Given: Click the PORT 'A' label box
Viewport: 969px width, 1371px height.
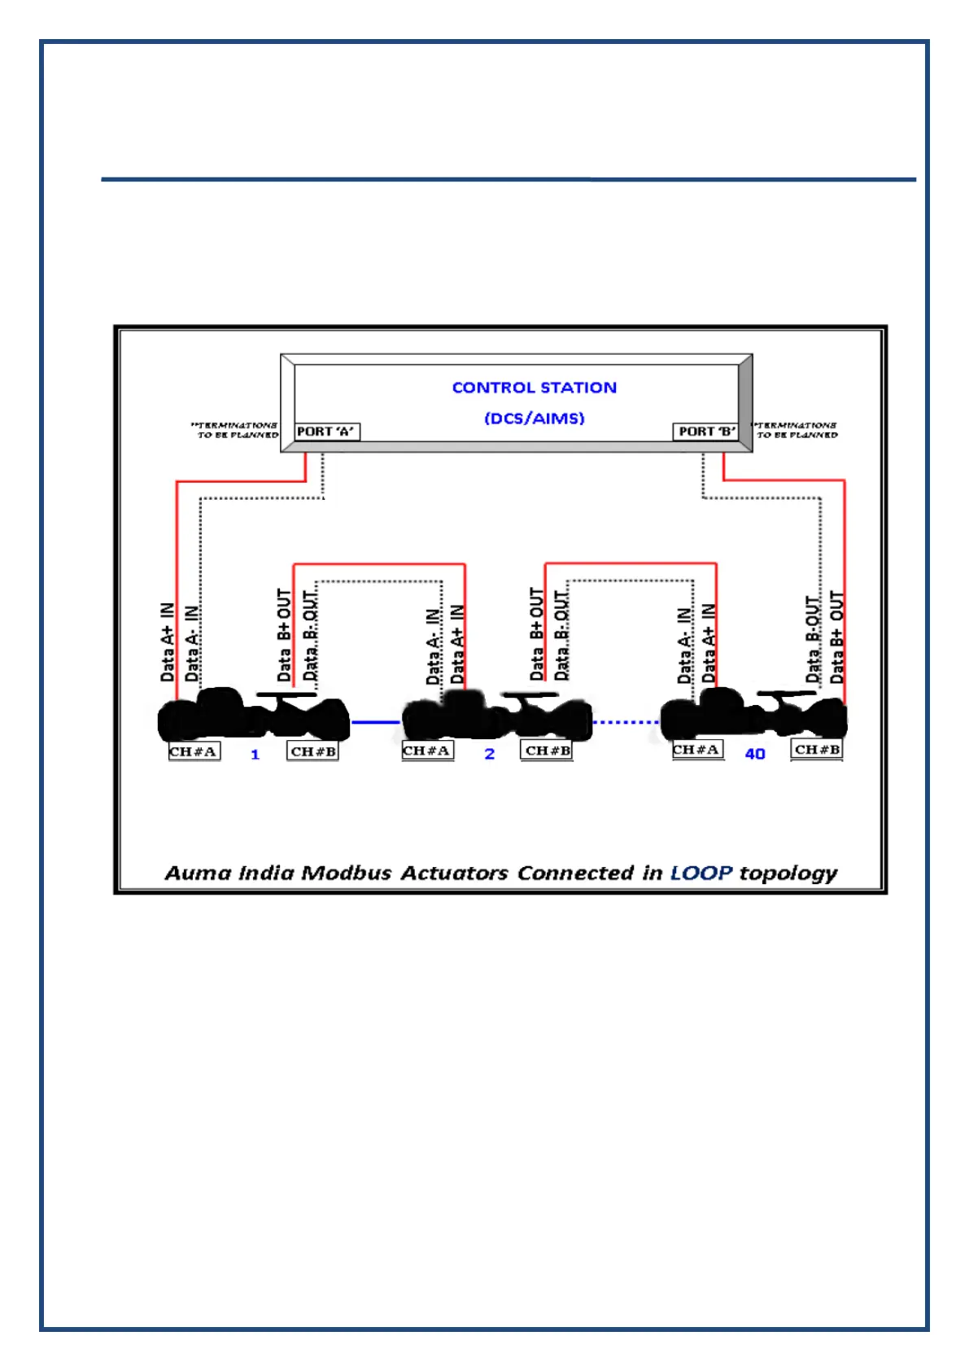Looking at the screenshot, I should click(x=325, y=431).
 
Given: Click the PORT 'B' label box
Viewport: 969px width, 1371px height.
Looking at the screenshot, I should click(x=706, y=431).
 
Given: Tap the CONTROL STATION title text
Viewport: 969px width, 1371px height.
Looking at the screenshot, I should click(x=534, y=388).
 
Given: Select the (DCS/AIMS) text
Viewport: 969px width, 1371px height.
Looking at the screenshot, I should click(x=534, y=418).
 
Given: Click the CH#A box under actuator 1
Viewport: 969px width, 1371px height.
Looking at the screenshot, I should click(x=194, y=751).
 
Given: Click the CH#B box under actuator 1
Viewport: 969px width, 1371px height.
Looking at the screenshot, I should click(x=312, y=751).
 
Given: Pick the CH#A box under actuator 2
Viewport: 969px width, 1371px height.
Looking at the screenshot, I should click(x=427, y=751).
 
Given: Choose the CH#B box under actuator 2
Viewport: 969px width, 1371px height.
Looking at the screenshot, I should click(x=547, y=751).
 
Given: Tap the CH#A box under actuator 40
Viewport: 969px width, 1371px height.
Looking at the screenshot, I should click(x=697, y=750).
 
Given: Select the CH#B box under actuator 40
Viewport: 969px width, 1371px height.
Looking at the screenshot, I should click(x=817, y=750).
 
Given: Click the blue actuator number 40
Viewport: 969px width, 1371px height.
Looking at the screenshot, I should click(x=755, y=755).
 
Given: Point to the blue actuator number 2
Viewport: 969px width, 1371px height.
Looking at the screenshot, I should click(x=489, y=755).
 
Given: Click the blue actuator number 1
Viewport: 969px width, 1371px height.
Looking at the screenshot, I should click(x=255, y=755).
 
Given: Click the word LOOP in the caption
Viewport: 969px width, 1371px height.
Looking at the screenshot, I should click(x=701, y=874).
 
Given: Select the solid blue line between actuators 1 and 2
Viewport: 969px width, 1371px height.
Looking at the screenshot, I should click(x=376, y=722).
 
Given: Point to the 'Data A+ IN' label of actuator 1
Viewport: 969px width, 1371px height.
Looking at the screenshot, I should click(x=168, y=642).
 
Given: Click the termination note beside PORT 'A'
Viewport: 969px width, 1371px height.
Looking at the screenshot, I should click(x=236, y=430).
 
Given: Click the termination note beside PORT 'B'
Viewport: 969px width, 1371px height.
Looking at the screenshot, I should click(x=796, y=430).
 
